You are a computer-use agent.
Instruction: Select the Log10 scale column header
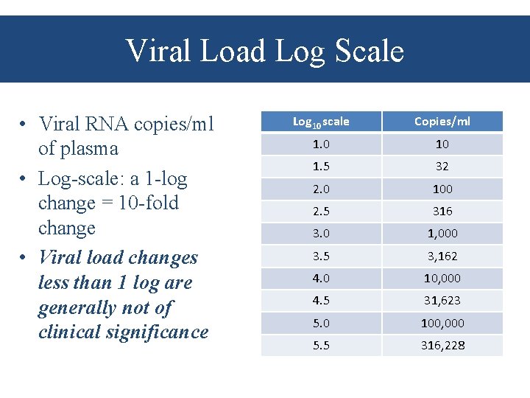pos(321,122)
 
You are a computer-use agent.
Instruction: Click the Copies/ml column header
pos(442,122)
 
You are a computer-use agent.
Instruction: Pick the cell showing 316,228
pos(442,345)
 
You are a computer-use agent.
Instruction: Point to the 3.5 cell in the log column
pos(321,256)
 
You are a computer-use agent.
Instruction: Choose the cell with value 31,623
pos(442,301)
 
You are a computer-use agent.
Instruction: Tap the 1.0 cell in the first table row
pos(321,144)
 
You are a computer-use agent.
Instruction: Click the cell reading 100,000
pos(442,323)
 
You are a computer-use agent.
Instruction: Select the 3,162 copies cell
pos(442,256)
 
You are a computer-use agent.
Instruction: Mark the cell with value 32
pos(442,167)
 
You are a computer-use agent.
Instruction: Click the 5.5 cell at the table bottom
pos(321,345)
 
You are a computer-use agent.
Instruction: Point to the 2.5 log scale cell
pos(321,212)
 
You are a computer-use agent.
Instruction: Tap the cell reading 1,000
pos(442,234)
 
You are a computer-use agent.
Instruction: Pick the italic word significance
pos(157,332)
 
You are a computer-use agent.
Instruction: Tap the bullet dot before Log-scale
pos(24,179)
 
